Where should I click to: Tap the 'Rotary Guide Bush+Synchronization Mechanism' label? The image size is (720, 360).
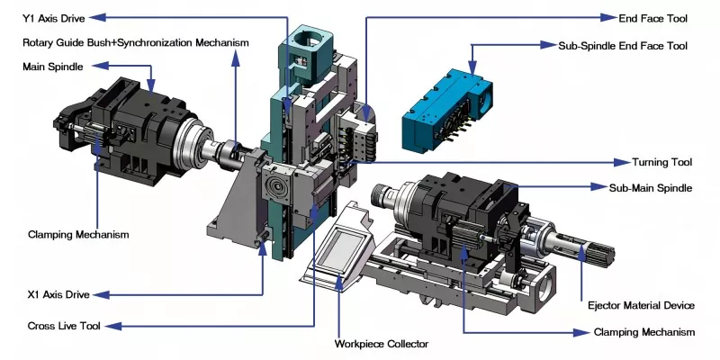pos(135,42)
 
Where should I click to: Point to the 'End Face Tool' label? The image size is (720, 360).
pos(654,16)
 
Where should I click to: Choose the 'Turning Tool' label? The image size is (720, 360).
pos(661,162)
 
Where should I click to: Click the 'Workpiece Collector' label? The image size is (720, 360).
pos(382,344)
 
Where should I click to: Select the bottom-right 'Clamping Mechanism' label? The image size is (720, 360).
pos(643,332)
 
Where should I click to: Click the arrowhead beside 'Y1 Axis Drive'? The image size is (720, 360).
pos(100,16)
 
